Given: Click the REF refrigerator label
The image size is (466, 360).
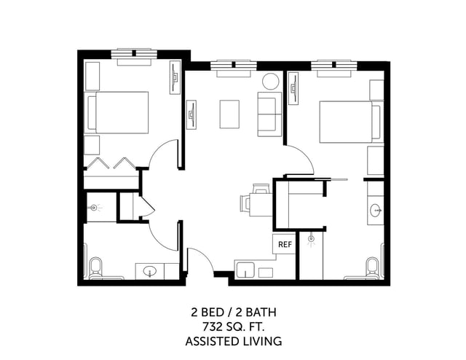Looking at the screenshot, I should pos(284,245).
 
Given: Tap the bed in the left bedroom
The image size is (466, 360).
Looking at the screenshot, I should pos(119,112).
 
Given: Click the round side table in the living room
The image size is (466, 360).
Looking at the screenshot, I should pos(270,82).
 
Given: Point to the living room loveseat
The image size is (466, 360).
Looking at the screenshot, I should pos(269,114).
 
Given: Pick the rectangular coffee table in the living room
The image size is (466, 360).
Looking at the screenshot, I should pos(230,114).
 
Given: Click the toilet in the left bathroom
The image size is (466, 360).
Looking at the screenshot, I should pos(95,269).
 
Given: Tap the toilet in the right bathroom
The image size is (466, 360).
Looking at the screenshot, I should pos(372,269).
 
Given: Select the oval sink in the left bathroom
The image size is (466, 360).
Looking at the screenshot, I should pos(151,272).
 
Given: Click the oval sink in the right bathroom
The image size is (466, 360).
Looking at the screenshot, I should pos(376,211).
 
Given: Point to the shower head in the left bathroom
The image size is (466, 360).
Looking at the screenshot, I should pos(93,208).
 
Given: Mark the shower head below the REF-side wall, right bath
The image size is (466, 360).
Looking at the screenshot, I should pos(311,238).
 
